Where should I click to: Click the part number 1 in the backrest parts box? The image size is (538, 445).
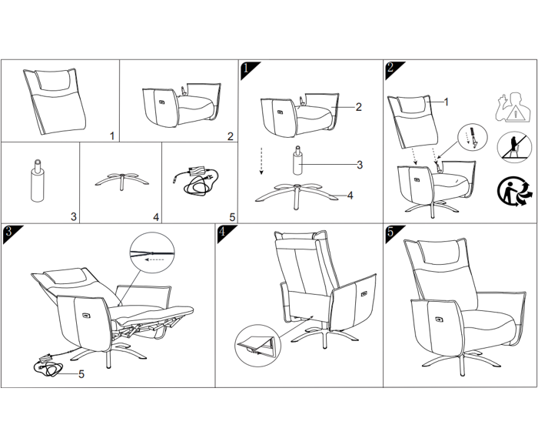point(112,136)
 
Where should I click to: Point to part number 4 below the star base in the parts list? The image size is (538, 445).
point(156,217)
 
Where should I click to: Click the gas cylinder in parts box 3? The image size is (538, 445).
point(38,180)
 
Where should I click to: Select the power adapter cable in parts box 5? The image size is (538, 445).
point(195,180)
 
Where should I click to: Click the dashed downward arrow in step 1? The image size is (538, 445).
point(261,161)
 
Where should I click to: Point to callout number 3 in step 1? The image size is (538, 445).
point(360,165)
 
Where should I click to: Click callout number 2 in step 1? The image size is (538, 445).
point(359,107)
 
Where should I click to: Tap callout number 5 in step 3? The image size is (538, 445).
point(81,374)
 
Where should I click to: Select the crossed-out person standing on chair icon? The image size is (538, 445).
point(513,147)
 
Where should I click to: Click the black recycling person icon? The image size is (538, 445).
point(512,192)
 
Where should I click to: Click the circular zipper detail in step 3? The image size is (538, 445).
point(152,253)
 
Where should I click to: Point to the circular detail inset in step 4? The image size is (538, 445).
point(257,346)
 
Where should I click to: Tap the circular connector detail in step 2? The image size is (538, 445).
point(473,137)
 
